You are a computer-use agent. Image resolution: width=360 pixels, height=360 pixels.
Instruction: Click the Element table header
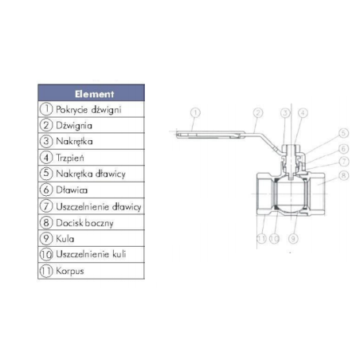coord(92,93)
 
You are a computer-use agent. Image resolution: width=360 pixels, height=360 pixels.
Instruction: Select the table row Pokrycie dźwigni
coord(92,109)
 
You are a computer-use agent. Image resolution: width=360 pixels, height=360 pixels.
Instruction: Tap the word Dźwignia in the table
coord(74,126)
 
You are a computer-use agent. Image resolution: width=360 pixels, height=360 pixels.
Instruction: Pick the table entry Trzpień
coord(70,158)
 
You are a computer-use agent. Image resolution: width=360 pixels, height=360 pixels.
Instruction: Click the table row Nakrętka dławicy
coord(92,174)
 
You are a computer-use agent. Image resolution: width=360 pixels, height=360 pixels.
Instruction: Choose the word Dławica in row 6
coord(72,190)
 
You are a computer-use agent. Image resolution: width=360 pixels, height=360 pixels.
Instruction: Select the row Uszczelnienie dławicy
coord(92,206)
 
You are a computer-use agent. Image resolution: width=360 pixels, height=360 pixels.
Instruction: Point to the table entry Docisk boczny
coord(84,223)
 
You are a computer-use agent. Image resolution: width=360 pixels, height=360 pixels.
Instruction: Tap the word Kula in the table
coord(65,239)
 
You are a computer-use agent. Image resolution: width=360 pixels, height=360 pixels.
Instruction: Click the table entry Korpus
coord(70,271)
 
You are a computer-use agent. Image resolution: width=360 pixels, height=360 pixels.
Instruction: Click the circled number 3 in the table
coord(46,141)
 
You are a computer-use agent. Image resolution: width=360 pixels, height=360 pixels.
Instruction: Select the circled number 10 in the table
coord(46,255)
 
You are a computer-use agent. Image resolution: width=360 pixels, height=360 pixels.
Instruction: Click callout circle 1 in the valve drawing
coord(195,112)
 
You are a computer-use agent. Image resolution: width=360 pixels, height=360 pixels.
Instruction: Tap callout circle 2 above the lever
coord(258,112)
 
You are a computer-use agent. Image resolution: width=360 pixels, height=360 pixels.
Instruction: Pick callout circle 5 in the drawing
coord(343,133)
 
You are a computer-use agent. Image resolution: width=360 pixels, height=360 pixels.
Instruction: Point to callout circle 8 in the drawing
coord(343,175)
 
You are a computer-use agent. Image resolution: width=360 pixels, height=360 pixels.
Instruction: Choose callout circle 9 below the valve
coord(293,239)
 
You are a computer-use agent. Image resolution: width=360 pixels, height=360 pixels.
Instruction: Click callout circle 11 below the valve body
coord(262,239)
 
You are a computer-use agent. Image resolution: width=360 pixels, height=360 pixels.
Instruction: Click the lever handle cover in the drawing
coord(210,135)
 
